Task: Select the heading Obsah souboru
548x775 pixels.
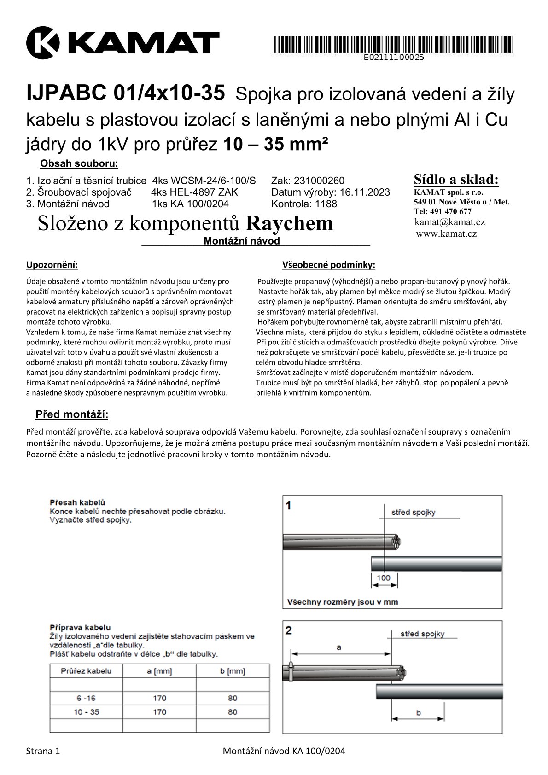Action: pos(79,163)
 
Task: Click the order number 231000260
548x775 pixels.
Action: pos(319,181)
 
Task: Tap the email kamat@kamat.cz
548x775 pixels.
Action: pos(449,222)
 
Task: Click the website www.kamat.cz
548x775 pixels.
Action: pos(446,233)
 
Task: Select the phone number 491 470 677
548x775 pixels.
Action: pos(450,211)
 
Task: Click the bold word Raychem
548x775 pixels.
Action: pos(289,223)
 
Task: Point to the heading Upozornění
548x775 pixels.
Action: pos(52,265)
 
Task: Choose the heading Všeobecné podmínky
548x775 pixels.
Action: pos(328,265)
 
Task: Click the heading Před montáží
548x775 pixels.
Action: pos(72,414)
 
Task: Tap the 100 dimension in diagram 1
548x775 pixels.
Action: pos(383,577)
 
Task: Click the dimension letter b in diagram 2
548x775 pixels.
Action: pos(418,713)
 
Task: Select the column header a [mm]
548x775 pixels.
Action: pos(159,671)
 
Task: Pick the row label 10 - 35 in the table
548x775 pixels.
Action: pos(86,712)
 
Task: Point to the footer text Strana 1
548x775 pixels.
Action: pos(43,751)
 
